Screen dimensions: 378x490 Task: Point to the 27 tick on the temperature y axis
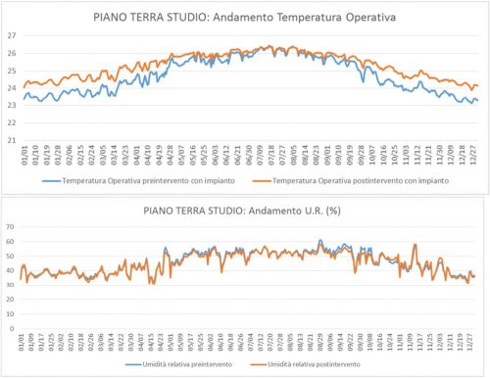pyautogui.click(x=11, y=35)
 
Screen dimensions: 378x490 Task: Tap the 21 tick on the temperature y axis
pyautogui.click(x=11, y=140)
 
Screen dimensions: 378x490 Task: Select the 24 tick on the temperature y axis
pyautogui.click(x=11, y=88)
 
